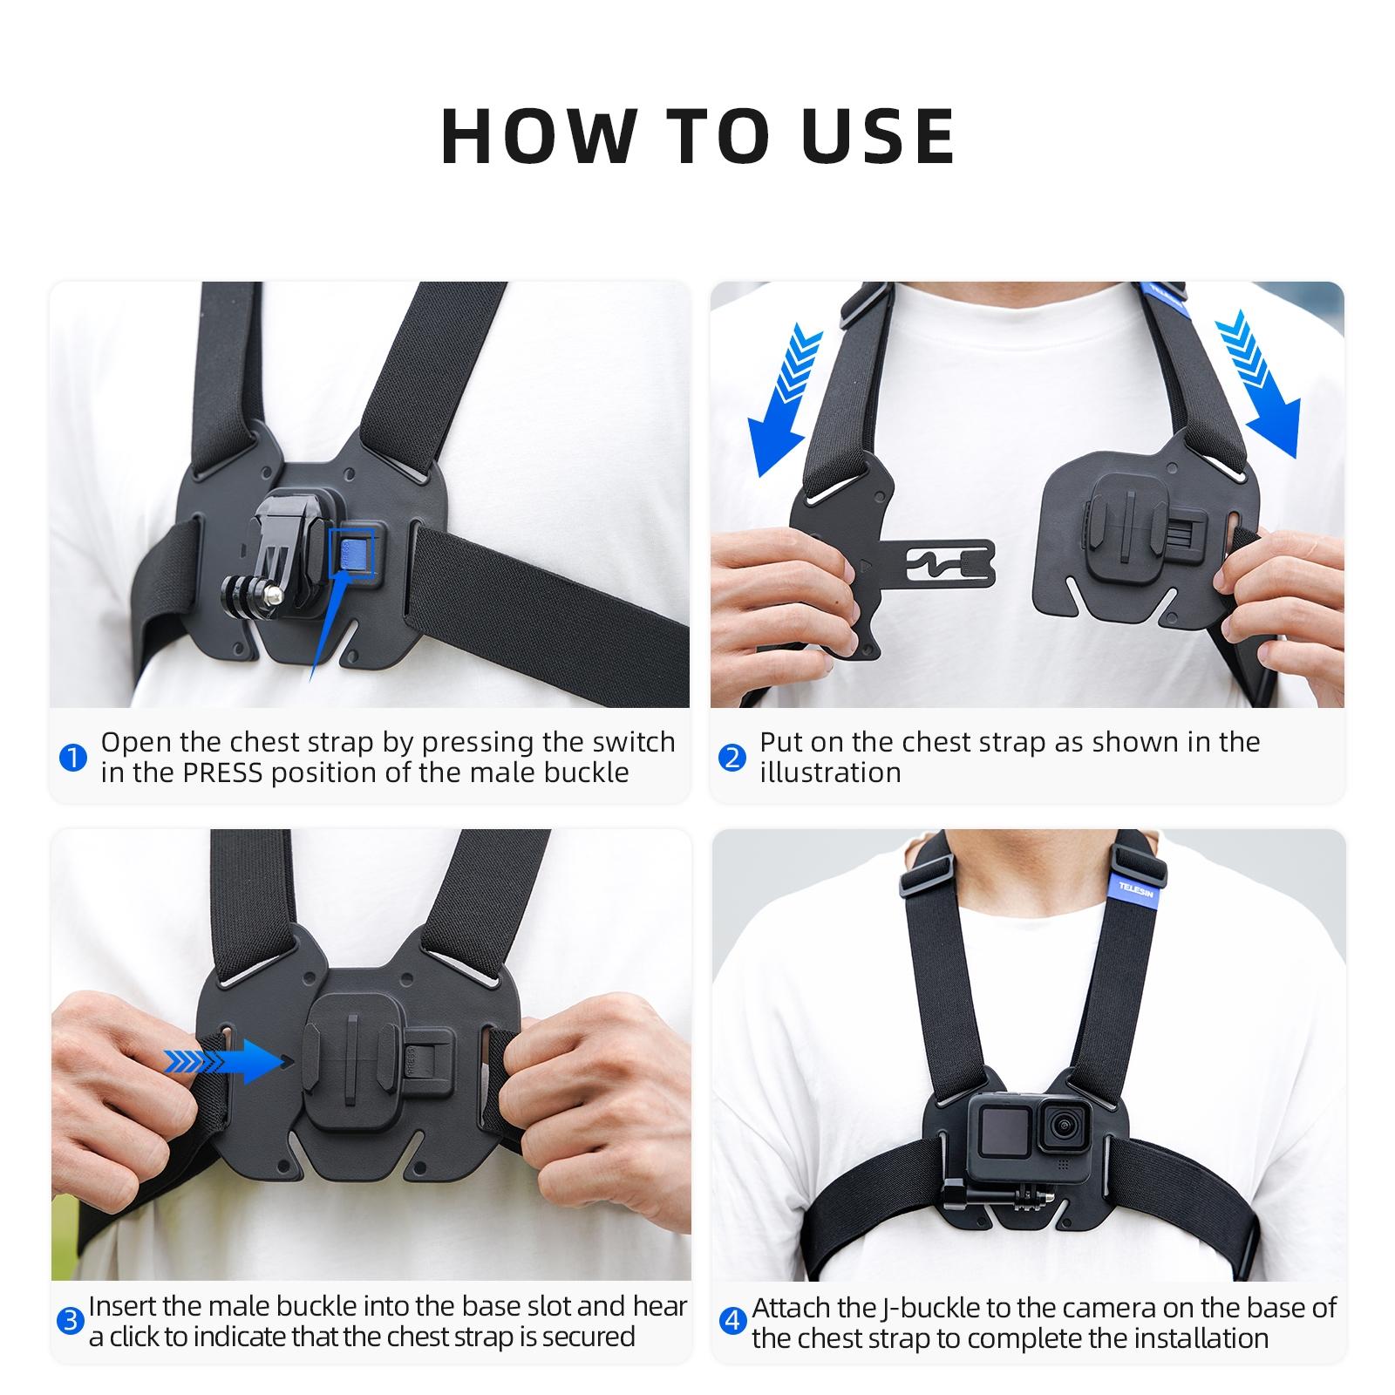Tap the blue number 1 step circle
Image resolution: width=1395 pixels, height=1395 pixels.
[73, 758]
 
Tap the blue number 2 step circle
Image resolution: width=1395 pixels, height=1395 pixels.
[733, 758]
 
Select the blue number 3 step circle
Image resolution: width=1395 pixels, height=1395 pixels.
[70, 1322]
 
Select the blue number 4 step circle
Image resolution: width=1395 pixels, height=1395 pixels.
[733, 1322]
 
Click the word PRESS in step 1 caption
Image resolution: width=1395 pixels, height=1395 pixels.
[221, 773]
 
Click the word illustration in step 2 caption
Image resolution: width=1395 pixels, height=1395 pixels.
[829, 773]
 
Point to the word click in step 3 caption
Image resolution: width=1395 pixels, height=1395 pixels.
[139, 1337]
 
